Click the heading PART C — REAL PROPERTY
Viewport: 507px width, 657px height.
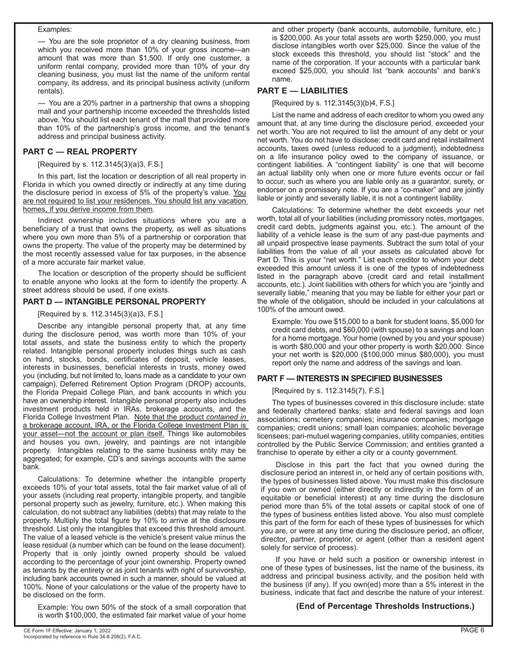[80, 152]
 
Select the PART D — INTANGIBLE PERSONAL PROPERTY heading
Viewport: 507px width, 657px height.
[114, 302]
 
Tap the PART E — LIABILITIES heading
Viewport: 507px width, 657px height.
[302, 91]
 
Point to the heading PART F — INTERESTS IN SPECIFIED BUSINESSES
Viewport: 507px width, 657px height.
[357, 379]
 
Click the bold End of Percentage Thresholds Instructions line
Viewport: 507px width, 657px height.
[385, 606]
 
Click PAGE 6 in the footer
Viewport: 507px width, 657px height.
[472, 630]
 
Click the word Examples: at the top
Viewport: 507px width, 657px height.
[55, 30]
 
